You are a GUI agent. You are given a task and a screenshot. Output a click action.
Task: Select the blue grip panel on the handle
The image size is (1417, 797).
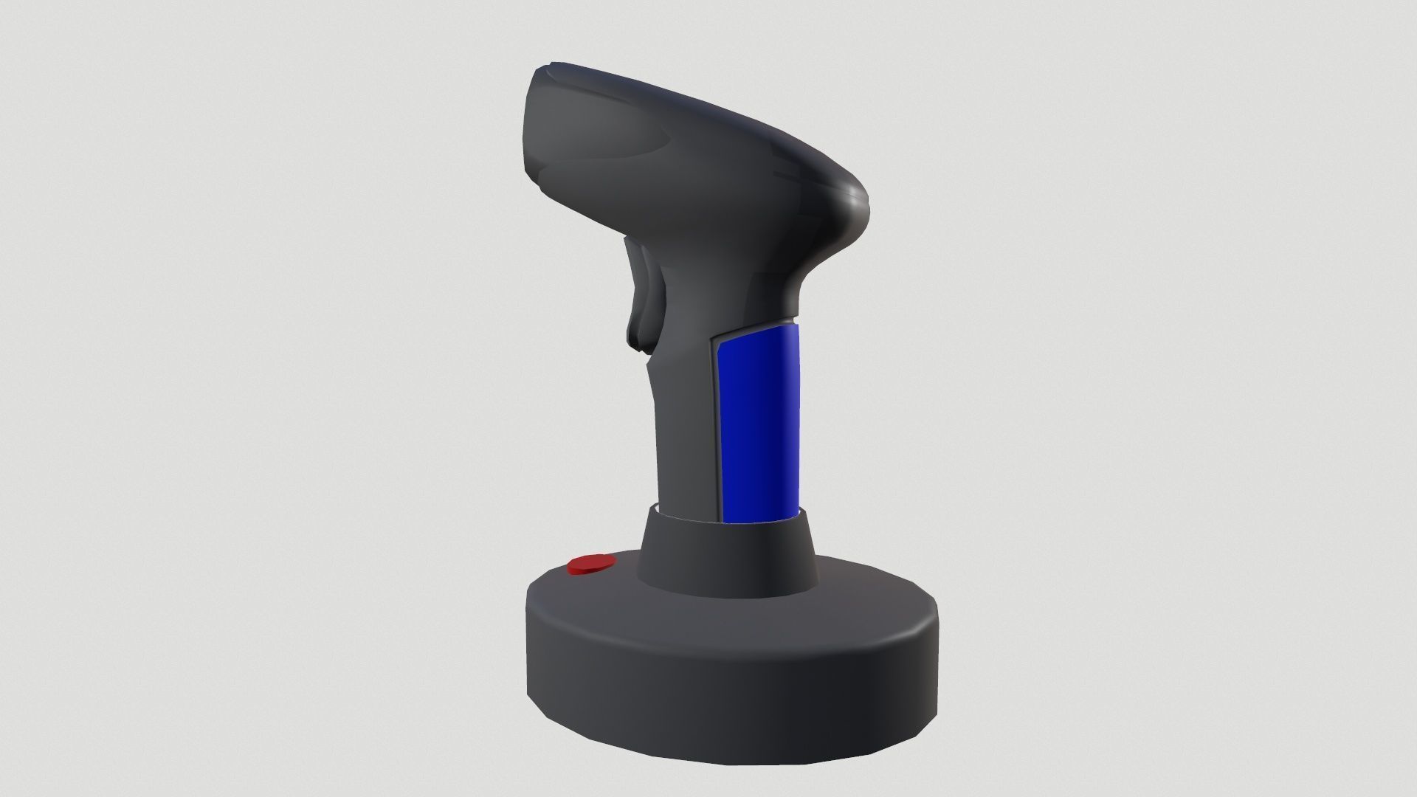click(x=760, y=424)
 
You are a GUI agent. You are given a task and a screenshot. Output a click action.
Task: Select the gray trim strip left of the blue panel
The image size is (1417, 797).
click(x=714, y=428)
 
